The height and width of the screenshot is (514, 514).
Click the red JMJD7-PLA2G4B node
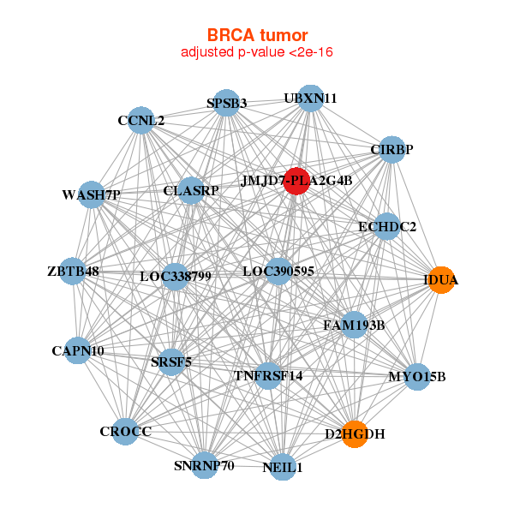click(x=296, y=182)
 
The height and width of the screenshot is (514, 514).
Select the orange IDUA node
click(x=441, y=280)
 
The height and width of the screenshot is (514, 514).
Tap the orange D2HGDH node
click(x=355, y=434)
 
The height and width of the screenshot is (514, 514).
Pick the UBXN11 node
click(x=310, y=99)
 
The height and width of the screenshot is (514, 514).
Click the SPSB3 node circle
click(x=226, y=103)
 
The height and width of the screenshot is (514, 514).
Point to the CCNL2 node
click(x=141, y=120)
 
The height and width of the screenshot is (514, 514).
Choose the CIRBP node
click(x=391, y=149)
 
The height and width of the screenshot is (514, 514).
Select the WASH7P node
click(x=92, y=194)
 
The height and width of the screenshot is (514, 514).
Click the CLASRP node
click(x=191, y=190)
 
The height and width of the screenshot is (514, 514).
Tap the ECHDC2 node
click(x=387, y=226)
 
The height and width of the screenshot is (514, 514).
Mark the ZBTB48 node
click(x=73, y=271)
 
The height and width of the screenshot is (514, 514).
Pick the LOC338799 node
click(x=176, y=277)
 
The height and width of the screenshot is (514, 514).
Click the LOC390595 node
click(x=278, y=272)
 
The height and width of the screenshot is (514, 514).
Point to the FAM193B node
click(x=354, y=326)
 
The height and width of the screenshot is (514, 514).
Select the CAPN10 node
click(x=78, y=350)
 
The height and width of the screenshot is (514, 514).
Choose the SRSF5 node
click(x=170, y=362)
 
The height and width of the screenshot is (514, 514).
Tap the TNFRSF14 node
click(x=268, y=376)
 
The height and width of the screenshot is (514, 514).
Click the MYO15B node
click(x=417, y=377)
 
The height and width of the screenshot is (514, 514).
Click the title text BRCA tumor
click(x=257, y=35)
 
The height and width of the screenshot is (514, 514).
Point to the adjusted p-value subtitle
click(x=257, y=52)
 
